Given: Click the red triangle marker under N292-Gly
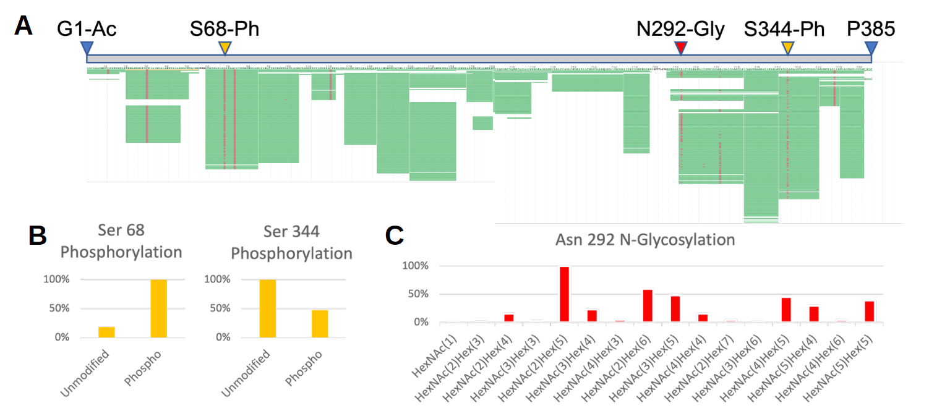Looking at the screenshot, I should (x=681, y=48).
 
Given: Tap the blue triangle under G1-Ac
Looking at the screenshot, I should (x=87, y=48).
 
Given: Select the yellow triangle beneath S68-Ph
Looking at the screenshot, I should (x=226, y=48).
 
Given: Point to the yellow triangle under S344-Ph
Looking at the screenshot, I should (x=787, y=48).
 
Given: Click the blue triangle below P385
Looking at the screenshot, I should (x=871, y=48).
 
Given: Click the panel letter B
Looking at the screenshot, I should (x=38, y=235).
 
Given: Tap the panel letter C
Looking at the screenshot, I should (x=395, y=235).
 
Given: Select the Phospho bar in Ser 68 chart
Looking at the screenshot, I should (x=159, y=308).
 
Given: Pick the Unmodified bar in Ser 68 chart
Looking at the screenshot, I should (x=106, y=332).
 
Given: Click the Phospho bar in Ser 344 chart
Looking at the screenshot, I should (x=320, y=323).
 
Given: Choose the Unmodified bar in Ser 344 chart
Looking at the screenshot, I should (x=268, y=308).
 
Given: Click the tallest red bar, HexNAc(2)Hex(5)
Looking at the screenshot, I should (x=564, y=294).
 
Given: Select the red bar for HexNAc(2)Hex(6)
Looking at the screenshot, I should (x=648, y=306).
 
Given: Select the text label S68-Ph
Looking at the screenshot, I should (x=225, y=28).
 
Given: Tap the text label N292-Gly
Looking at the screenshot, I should (x=681, y=28).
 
